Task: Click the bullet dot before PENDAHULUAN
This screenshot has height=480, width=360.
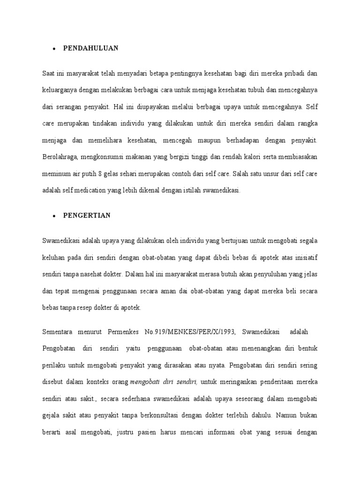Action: point(55,48)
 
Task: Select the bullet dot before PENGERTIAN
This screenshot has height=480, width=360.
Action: point(55,216)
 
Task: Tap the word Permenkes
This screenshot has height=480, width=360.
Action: point(123,332)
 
